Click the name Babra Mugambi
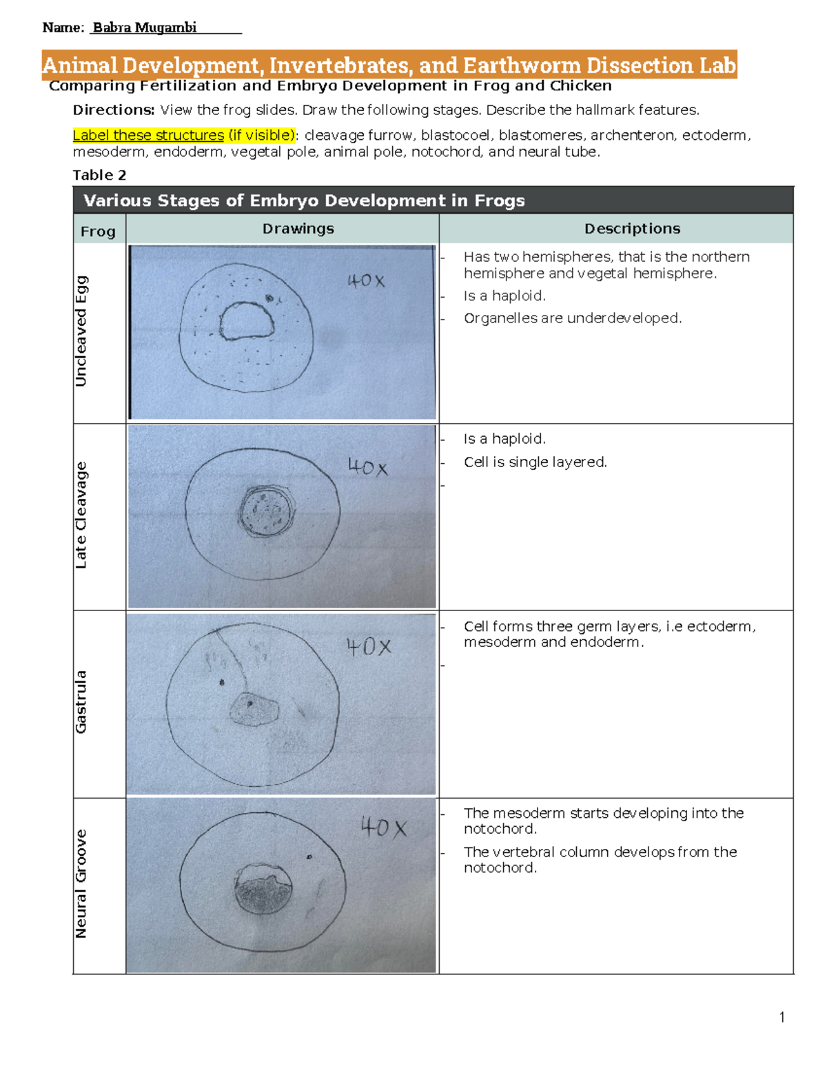[145, 28]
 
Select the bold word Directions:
[114, 110]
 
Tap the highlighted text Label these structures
[148, 135]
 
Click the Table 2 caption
[99, 175]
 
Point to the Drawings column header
[298, 229]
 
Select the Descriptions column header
[632, 229]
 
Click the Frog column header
[98, 232]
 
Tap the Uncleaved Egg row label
[81, 331]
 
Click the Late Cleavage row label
[81, 515]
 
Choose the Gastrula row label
[81, 701]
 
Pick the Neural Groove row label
[81, 883]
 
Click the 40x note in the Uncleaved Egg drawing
[366, 281]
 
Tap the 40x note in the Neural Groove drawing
[384, 827]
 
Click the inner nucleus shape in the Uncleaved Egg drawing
[246, 321]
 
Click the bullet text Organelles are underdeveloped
[572, 318]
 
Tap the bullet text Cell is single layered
[535, 462]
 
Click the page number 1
[782, 1018]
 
